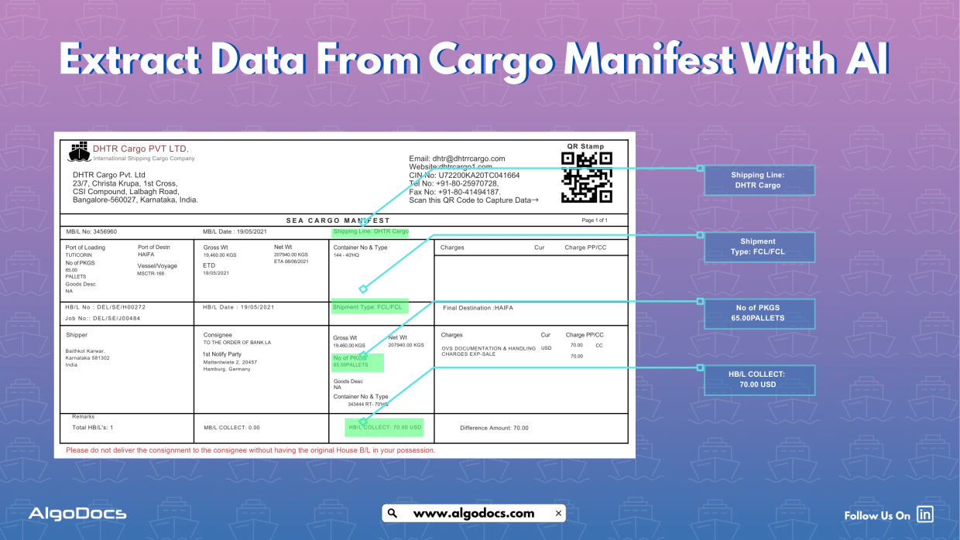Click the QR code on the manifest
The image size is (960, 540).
pyautogui.click(x=586, y=177)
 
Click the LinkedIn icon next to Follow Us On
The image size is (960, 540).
pyautogui.click(x=924, y=514)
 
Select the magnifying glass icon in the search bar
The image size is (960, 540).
pyautogui.click(x=393, y=513)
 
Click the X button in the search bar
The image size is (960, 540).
pyautogui.click(x=558, y=513)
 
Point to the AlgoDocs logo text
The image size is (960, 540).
pyautogui.click(x=77, y=514)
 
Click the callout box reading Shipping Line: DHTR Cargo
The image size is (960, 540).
pyautogui.click(x=758, y=180)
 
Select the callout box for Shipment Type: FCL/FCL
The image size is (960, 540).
pyautogui.click(x=758, y=247)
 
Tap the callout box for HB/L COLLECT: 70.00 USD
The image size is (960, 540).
pyautogui.click(x=758, y=379)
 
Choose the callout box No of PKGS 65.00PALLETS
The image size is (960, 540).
pyautogui.click(x=759, y=313)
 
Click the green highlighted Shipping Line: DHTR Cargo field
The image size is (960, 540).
pyautogui.click(x=370, y=231)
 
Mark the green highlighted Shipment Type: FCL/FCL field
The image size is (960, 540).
pyautogui.click(x=369, y=307)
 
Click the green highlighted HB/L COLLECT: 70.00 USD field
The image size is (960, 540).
pyautogui.click(x=385, y=427)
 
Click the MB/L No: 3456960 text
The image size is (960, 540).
pyautogui.click(x=91, y=231)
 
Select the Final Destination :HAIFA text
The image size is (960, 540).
pyautogui.click(x=478, y=308)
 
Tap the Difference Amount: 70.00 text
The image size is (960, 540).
pyautogui.click(x=494, y=428)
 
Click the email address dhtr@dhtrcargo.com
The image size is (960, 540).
pyautogui.click(x=457, y=159)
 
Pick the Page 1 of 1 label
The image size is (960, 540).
pyautogui.click(x=595, y=220)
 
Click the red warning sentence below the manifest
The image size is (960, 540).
pyautogui.click(x=251, y=450)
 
